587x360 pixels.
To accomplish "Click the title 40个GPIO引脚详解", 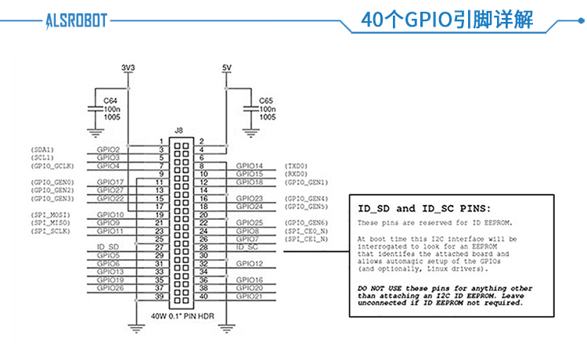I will point(447,20).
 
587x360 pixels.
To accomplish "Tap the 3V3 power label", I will point(128,68).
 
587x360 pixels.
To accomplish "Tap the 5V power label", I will point(227,68).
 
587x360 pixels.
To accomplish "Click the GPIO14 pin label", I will point(250,165).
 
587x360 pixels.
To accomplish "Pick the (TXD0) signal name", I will point(297,166).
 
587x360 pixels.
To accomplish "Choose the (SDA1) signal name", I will point(42,149).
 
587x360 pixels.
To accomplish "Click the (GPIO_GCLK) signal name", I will point(52,166).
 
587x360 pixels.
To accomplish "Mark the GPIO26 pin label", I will point(110,288).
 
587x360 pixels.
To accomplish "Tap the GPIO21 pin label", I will point(250,296).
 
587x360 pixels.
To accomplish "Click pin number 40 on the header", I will point(203,296).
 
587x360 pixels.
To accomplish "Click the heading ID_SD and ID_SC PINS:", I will point(423,209).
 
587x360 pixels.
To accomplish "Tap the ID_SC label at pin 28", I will point(247,247).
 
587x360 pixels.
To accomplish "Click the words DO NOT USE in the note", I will point(381,289).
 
